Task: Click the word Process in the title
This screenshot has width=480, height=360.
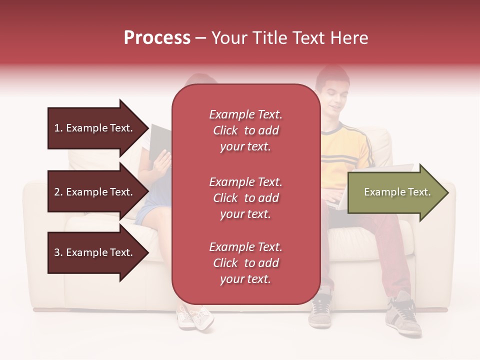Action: coord(157,38)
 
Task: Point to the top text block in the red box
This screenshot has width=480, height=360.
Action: coord(245,130)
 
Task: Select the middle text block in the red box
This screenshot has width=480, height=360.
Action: coord(245,198)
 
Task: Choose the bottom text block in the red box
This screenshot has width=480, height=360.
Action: coord(245,263)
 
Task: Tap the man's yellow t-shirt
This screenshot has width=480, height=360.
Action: coord(345,150)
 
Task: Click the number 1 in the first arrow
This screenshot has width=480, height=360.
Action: coord(57,128)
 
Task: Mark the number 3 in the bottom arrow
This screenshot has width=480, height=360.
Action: coord(57,252)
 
